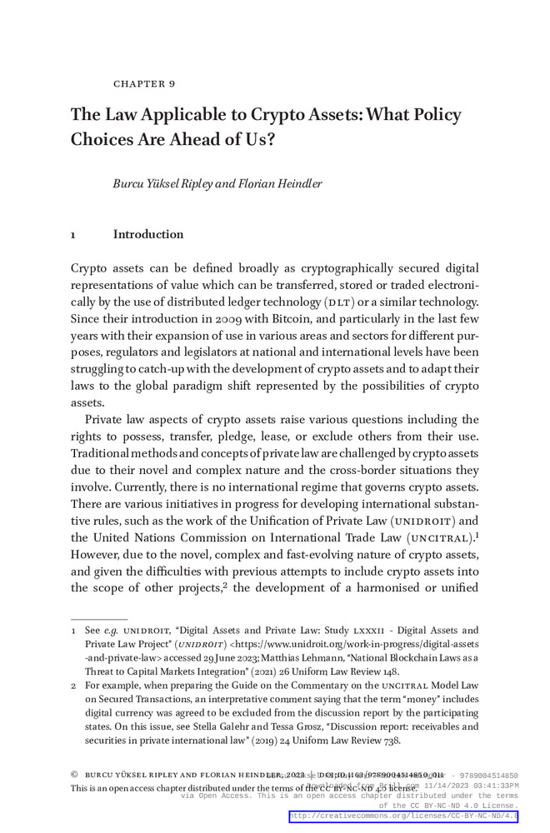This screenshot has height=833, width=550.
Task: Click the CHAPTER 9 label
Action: click(x=144, y=84)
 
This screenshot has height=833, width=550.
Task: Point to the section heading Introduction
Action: click(x=148, y=234)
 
